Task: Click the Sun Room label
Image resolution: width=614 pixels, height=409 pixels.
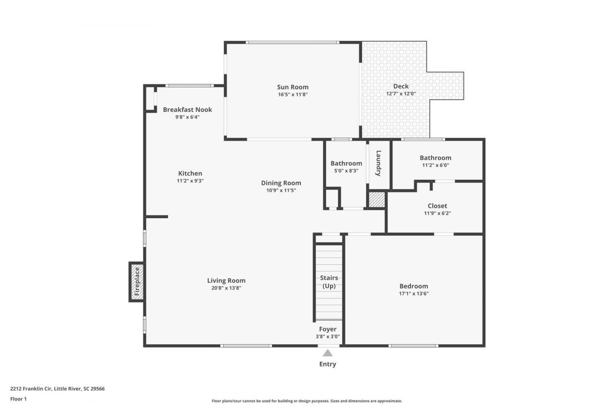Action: [293, 87]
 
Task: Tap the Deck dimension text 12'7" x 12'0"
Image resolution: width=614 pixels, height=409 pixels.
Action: [401, 94]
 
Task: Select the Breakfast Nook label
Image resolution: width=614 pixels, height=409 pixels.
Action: [187, 109]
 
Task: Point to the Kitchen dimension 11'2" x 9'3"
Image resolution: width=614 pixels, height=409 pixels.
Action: [190, 181]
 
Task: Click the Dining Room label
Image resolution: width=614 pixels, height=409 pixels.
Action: [281, 183]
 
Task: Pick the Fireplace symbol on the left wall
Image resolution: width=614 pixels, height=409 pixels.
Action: [137, 282]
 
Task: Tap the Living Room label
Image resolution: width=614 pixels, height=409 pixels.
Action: [226, 280]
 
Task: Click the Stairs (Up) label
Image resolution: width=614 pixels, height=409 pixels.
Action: [329, 282]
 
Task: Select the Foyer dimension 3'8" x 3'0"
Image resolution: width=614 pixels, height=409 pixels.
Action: [328, 337]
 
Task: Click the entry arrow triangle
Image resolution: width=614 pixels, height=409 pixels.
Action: [328, 353]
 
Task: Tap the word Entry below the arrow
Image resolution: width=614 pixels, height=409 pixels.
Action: [328, 364]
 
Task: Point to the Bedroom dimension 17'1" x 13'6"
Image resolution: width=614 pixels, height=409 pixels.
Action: [413, 293]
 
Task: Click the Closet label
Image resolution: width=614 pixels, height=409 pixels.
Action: [437, 206]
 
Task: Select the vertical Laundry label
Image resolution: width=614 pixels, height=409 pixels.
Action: [378, 164]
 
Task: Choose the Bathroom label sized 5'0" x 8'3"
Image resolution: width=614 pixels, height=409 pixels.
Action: [346, 164]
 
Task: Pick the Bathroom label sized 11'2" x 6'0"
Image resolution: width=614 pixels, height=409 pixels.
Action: [435, 158]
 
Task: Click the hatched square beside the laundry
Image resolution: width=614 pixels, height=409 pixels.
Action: [377, 200]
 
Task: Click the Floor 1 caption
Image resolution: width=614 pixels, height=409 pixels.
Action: [18, 399]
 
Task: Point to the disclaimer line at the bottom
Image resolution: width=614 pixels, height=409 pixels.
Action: [307, 401]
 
